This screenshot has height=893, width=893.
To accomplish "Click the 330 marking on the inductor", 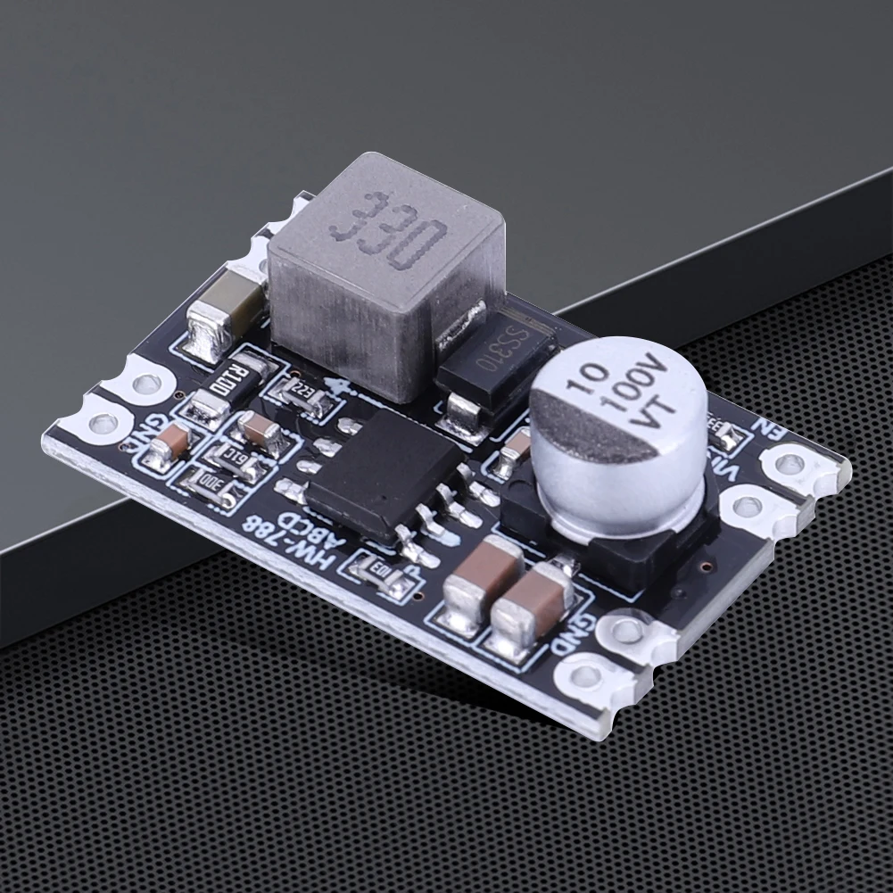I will point(388,229).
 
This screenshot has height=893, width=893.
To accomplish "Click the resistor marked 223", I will point(302,392).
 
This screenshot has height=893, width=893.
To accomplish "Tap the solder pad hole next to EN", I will point(790,463).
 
